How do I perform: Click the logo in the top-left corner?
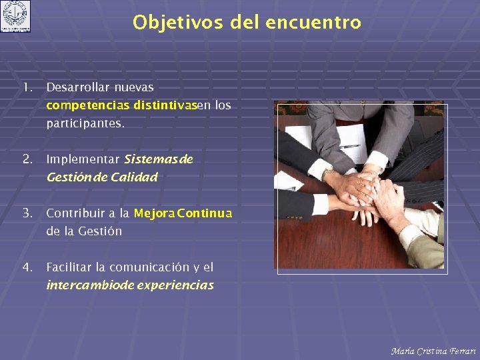15,16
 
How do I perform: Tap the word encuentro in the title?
313,23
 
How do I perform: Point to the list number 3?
27,213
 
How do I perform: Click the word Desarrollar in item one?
77,87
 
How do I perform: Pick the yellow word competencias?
88,105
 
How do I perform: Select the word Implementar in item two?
83,160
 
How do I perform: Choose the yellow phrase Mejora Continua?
183,213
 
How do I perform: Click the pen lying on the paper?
349,146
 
